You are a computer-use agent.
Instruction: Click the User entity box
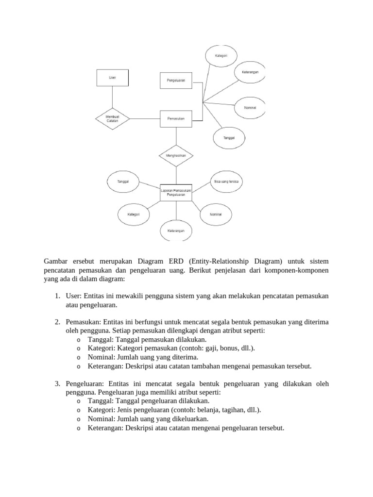(x=112, y=78)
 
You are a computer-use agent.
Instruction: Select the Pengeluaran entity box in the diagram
(x=176, y=81)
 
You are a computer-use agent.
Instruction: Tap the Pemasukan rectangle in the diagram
(x=176, y=118)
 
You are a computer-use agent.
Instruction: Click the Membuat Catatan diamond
(x=112, y=118)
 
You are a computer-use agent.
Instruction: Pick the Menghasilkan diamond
(x=176, y=156)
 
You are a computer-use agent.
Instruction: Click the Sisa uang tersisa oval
(x=226, y=182)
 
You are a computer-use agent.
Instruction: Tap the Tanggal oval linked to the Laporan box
(x=123, y=182)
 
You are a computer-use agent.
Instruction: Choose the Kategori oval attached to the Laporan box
(x=134, y=214)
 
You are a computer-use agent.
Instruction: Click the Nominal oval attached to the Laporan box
(x=216, y=214)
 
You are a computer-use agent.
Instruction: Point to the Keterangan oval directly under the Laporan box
(x=176, y=231)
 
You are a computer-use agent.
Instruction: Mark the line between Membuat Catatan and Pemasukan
(x=144, y=118)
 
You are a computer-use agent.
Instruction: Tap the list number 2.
(x=57, y=322)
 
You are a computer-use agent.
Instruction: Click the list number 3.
(x=57, y=383)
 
